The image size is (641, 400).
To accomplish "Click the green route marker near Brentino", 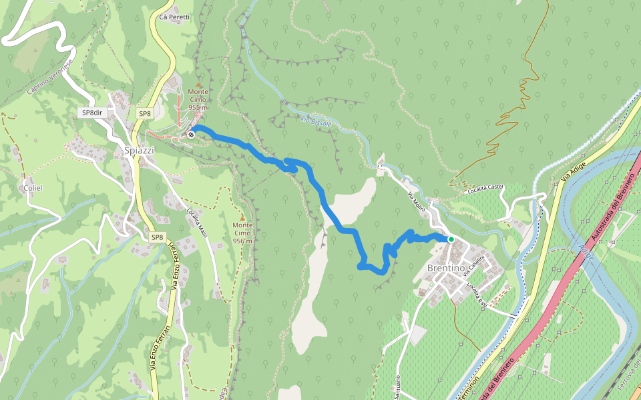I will [451, 239].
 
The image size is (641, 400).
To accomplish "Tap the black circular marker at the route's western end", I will [192, 135].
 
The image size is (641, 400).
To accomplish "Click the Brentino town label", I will [445, 268].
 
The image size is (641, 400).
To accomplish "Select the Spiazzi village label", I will [139, 151].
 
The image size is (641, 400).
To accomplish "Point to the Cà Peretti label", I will [175, 17].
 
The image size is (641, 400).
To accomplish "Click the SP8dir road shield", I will [92, 113].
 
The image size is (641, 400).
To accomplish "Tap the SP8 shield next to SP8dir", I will [144, 114].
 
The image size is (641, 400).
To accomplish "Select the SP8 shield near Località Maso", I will [157, 237].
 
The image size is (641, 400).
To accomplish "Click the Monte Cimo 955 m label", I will [198, 99].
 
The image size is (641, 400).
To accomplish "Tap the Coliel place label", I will [33, 188].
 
